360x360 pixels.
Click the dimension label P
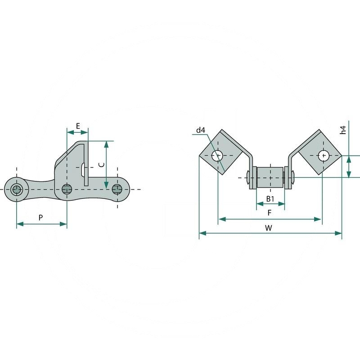[40, 217]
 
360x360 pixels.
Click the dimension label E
[78, 126]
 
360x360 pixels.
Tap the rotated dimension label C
[101, 165]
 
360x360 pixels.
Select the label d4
[200, 130]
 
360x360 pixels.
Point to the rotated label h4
[343, 130]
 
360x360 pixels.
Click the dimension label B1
[270, 199]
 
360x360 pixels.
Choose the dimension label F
[270, 213]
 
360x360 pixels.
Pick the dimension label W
[269, 228]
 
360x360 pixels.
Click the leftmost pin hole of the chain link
[17, 189]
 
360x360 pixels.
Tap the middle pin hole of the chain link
[67, 189]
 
